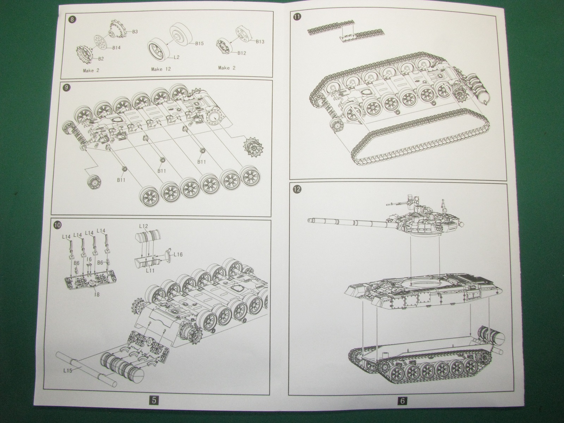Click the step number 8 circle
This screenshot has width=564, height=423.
click(72, 20)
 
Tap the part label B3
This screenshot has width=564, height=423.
click(135, 32)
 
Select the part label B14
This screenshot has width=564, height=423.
click(117, 48)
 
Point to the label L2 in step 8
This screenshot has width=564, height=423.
click(176, 57)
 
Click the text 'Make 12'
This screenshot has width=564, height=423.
click(161, 69)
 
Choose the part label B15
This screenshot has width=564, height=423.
click(199, 44)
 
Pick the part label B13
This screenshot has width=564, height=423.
click(260, 42)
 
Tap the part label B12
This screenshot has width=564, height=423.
click(241, 53)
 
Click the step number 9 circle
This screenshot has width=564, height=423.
click(65, 87)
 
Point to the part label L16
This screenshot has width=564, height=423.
click(178, 255)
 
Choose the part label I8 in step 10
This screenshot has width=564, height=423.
click(96, 293)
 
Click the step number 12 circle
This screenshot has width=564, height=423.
click(297, 189)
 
